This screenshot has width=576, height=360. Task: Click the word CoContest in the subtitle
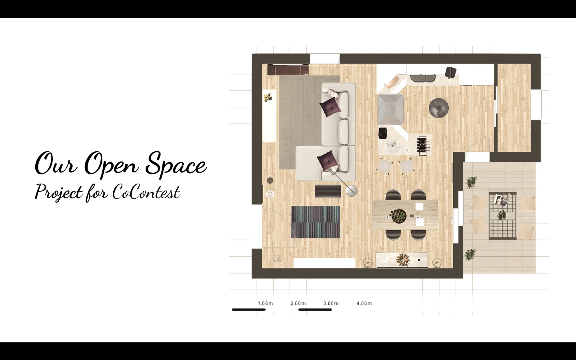146,192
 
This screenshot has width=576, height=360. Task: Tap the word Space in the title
176,164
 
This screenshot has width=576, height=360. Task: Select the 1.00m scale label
265,304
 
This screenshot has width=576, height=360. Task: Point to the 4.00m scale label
364,304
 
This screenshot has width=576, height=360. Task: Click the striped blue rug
316,222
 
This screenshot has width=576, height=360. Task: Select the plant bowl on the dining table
398,216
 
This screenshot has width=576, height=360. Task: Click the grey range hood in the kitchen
390,110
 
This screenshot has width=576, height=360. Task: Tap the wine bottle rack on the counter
424,146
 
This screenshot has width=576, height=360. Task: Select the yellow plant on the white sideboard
268,98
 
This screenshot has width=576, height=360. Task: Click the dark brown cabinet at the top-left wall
288,70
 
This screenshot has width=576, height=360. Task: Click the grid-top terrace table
503,216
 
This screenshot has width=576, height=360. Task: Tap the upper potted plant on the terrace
471,182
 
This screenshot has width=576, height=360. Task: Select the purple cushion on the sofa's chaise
327,159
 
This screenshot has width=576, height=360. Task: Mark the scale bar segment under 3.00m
315,310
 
